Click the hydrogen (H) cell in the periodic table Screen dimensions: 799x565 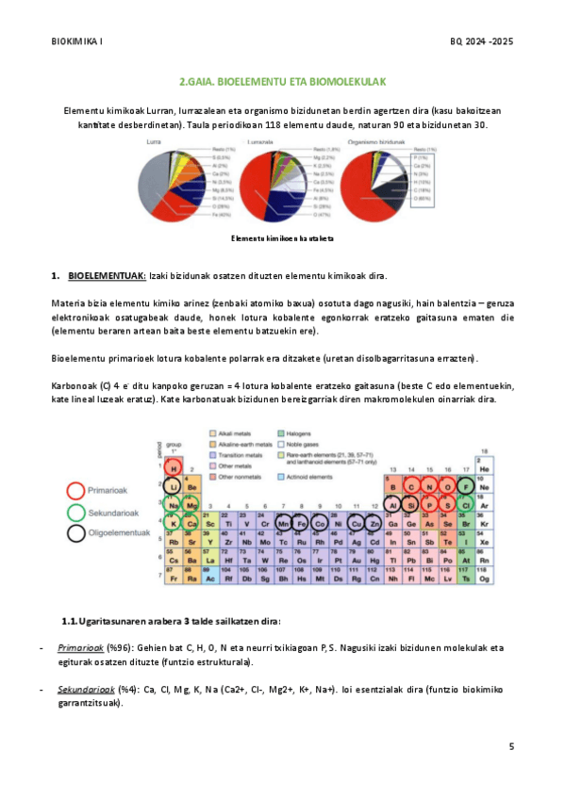coord(173,467)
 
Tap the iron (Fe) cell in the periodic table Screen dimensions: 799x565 coord(303,523)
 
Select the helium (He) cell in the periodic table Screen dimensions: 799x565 coord(484,468)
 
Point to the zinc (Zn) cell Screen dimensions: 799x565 coord(374,523)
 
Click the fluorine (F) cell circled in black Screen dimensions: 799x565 coord(466,487)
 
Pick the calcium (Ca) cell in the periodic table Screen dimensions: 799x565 coord(191,523)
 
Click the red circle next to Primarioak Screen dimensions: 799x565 coord(77,491)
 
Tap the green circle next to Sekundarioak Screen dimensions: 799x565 coord(77,512)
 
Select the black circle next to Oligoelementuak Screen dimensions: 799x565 coord(77,533)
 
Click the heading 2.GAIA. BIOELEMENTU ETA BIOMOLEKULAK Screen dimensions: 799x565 coord(282,83)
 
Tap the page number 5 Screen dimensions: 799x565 coord(511,747)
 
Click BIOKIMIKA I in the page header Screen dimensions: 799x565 coord(76,41)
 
